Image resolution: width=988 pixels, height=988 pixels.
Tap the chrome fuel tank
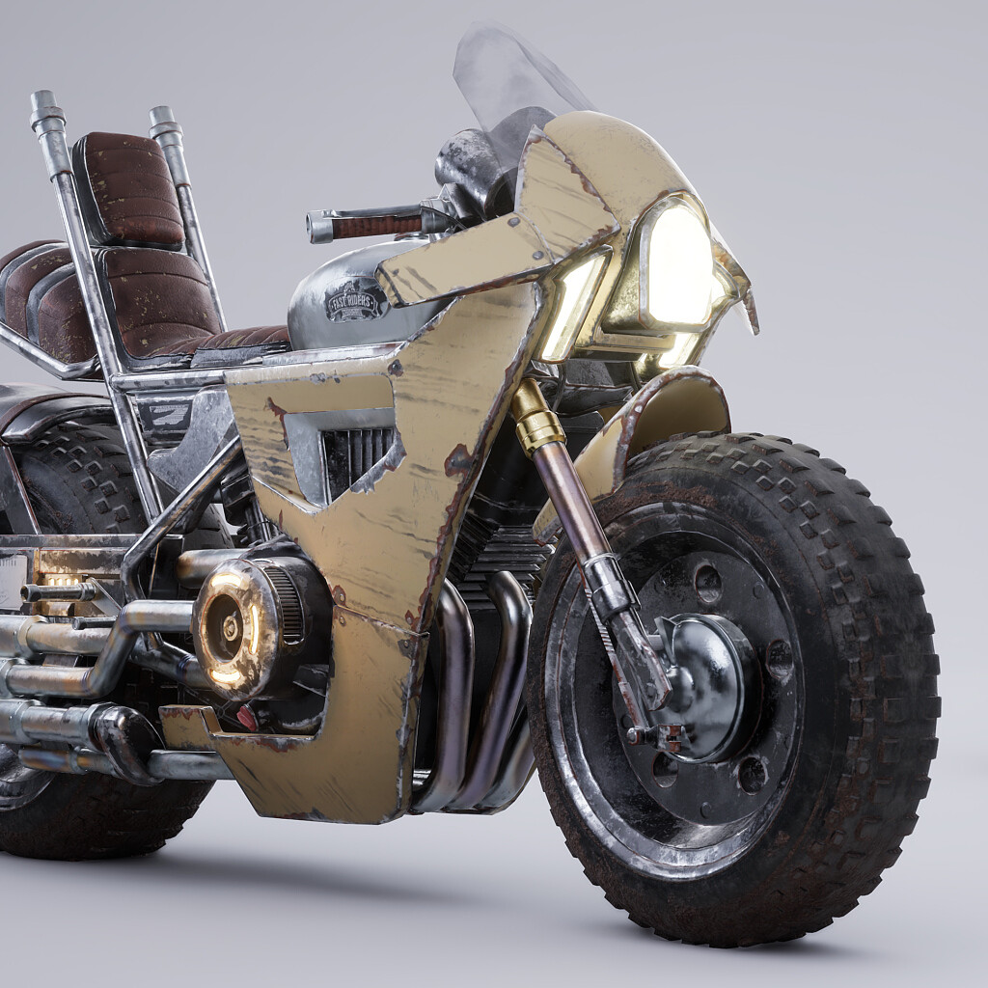click(338, 309)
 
